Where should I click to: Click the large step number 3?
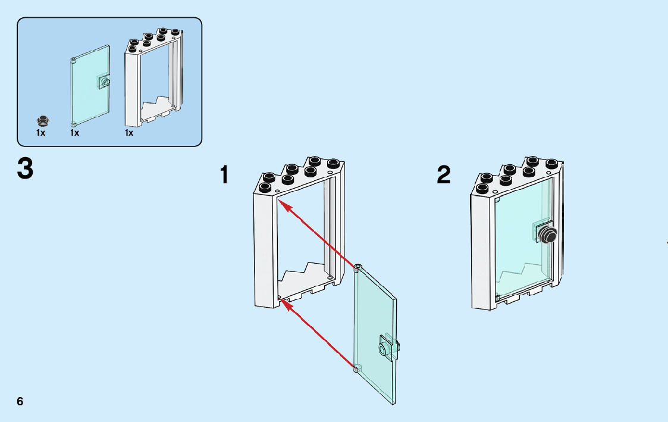26,168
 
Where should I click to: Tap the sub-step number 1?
224,175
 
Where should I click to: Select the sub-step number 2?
444,175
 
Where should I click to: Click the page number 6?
20,401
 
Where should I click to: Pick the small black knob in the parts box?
42,119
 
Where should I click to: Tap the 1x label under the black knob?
40,133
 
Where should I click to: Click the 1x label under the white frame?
129,133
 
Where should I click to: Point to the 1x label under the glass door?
74,133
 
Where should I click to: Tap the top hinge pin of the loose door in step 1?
357,267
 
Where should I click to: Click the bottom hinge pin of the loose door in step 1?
357,369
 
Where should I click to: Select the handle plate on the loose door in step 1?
388,346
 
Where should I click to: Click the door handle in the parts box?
105,82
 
